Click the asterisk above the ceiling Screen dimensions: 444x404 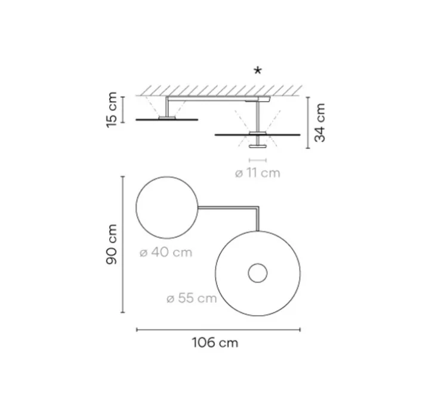(258, 70)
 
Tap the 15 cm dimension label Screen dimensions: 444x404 (112, 110)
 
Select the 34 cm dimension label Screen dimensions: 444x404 (320, 122)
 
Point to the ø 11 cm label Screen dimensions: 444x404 (257, 173)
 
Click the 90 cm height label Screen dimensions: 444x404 (112, 244)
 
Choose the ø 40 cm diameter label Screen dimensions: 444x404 (166, 252)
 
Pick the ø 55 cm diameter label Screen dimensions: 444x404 (192, 299)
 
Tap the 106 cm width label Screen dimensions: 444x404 (215, 343)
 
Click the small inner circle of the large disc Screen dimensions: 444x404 (258, 264)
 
